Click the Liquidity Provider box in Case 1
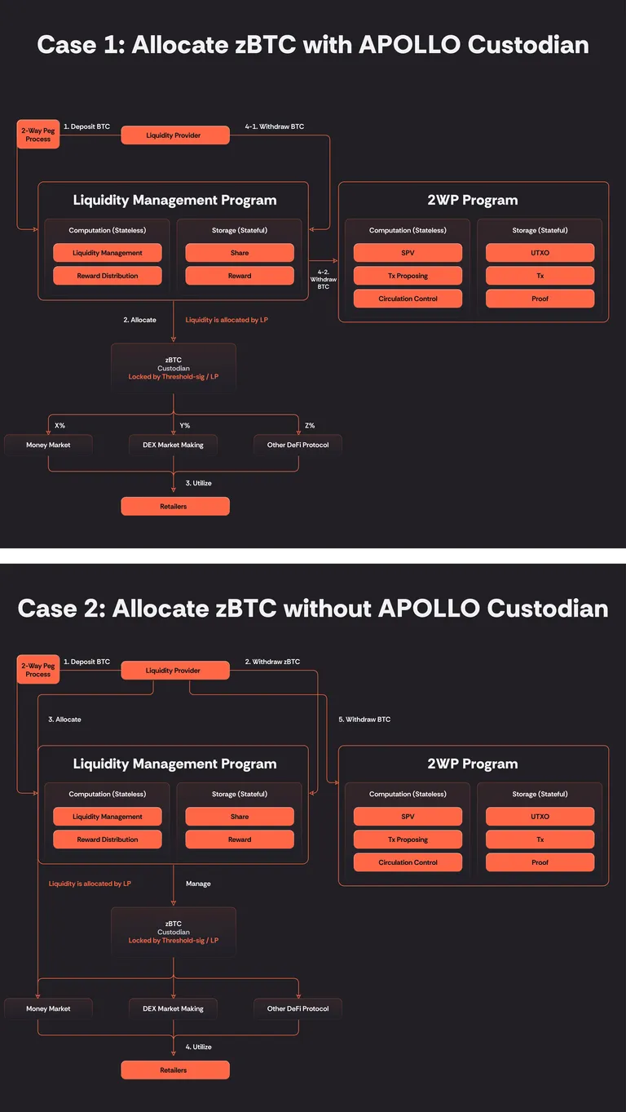click(x=175, y=135)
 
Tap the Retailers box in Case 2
click(x=175, y=1070)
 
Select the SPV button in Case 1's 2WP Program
click(x=408, y=253)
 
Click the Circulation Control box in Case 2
click(x=408, y=862)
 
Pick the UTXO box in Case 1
click(x=540, y=253)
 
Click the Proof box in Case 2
click(x=540, y=862)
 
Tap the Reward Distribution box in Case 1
click(x=107, y=276)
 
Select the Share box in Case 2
click(x=240, y=816)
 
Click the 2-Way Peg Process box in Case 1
click(x=38, y=135)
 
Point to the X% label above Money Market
click(x=60, y=425)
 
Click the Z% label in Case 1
click(x=310, y=425)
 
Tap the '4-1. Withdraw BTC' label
click(x=275, y=126)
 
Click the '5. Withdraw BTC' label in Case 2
click(x=364, y=720)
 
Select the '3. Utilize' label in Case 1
click(x=198, y=483)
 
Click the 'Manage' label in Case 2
click(x=198, y=884)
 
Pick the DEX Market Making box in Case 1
click(x=173, y=445)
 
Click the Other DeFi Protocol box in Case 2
click(x=298, y=1008)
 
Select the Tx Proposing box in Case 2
click(x=408, y=840)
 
